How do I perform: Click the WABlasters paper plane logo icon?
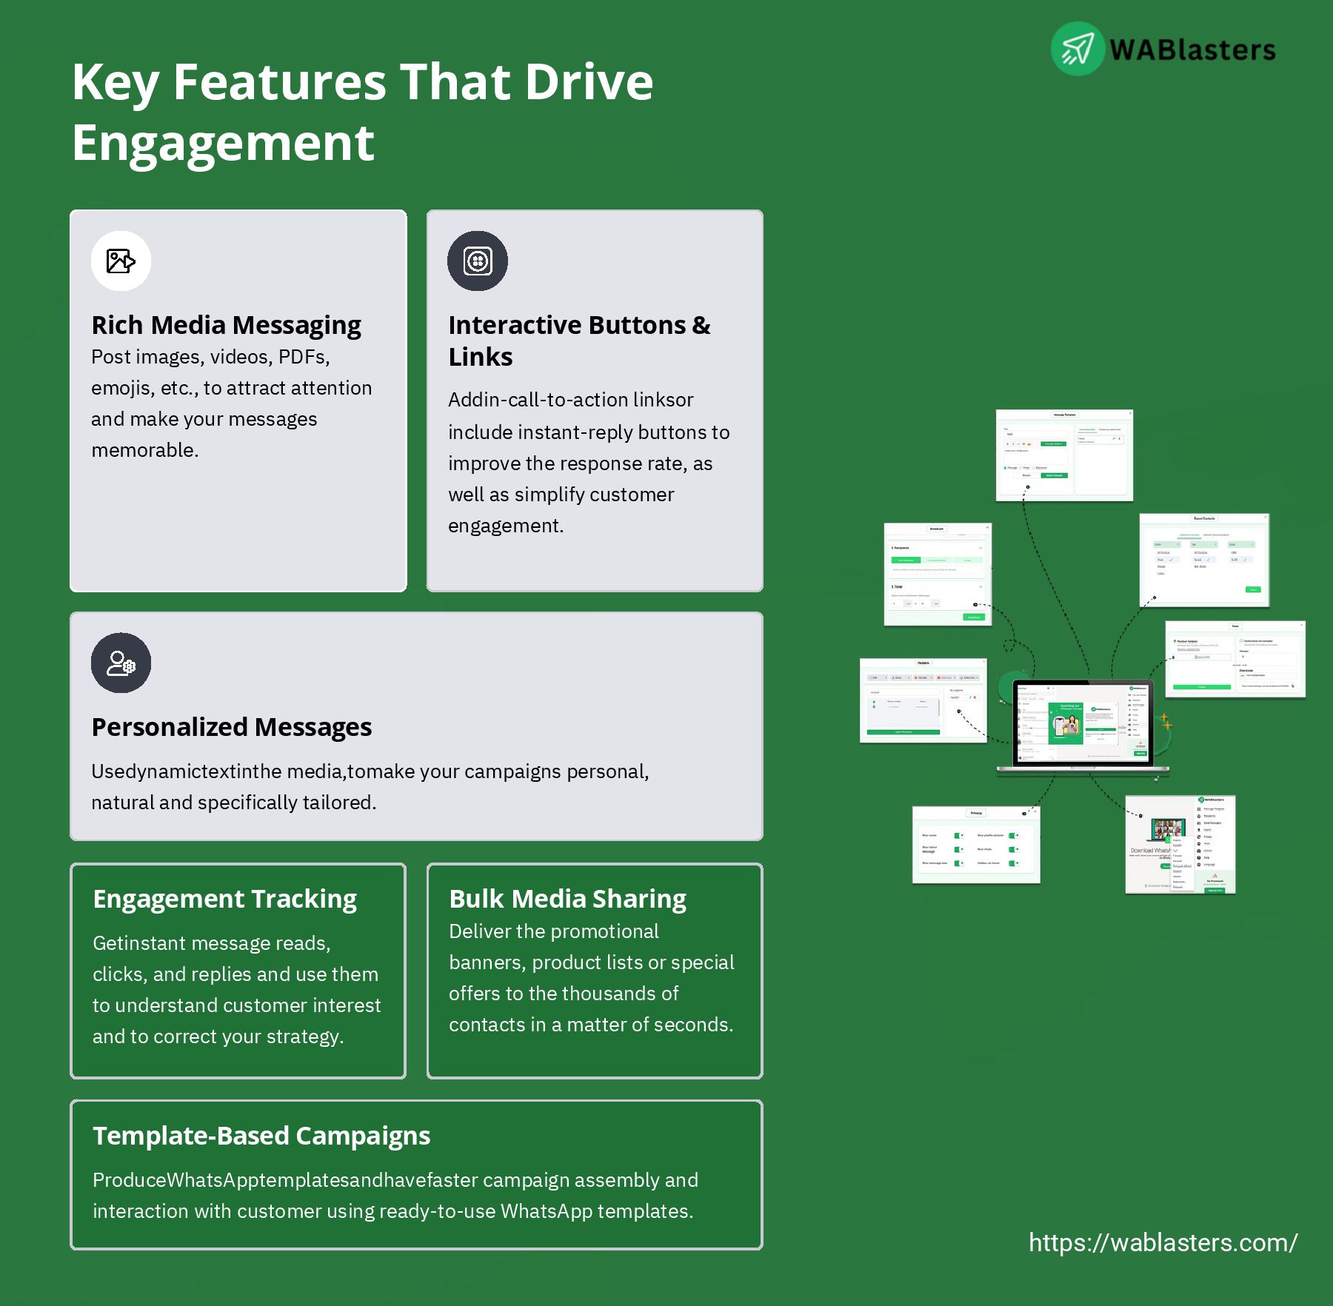pos(1078,49)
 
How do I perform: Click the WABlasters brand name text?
pos(1192,50)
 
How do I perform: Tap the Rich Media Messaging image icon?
pos(121,261)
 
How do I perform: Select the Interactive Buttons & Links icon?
pos(478,261)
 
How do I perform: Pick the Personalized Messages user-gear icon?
pos(121,663)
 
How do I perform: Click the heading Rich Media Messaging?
pos(226,325)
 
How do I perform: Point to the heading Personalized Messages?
pos(231,727)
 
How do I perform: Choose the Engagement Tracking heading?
pos(224,899)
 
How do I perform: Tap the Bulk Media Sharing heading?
pos(567,899)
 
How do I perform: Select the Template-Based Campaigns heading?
pos(261,1136)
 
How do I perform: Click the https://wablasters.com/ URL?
pos(1163,1242)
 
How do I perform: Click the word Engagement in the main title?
pos(223,143)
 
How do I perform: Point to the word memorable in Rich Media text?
pos(144,450)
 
